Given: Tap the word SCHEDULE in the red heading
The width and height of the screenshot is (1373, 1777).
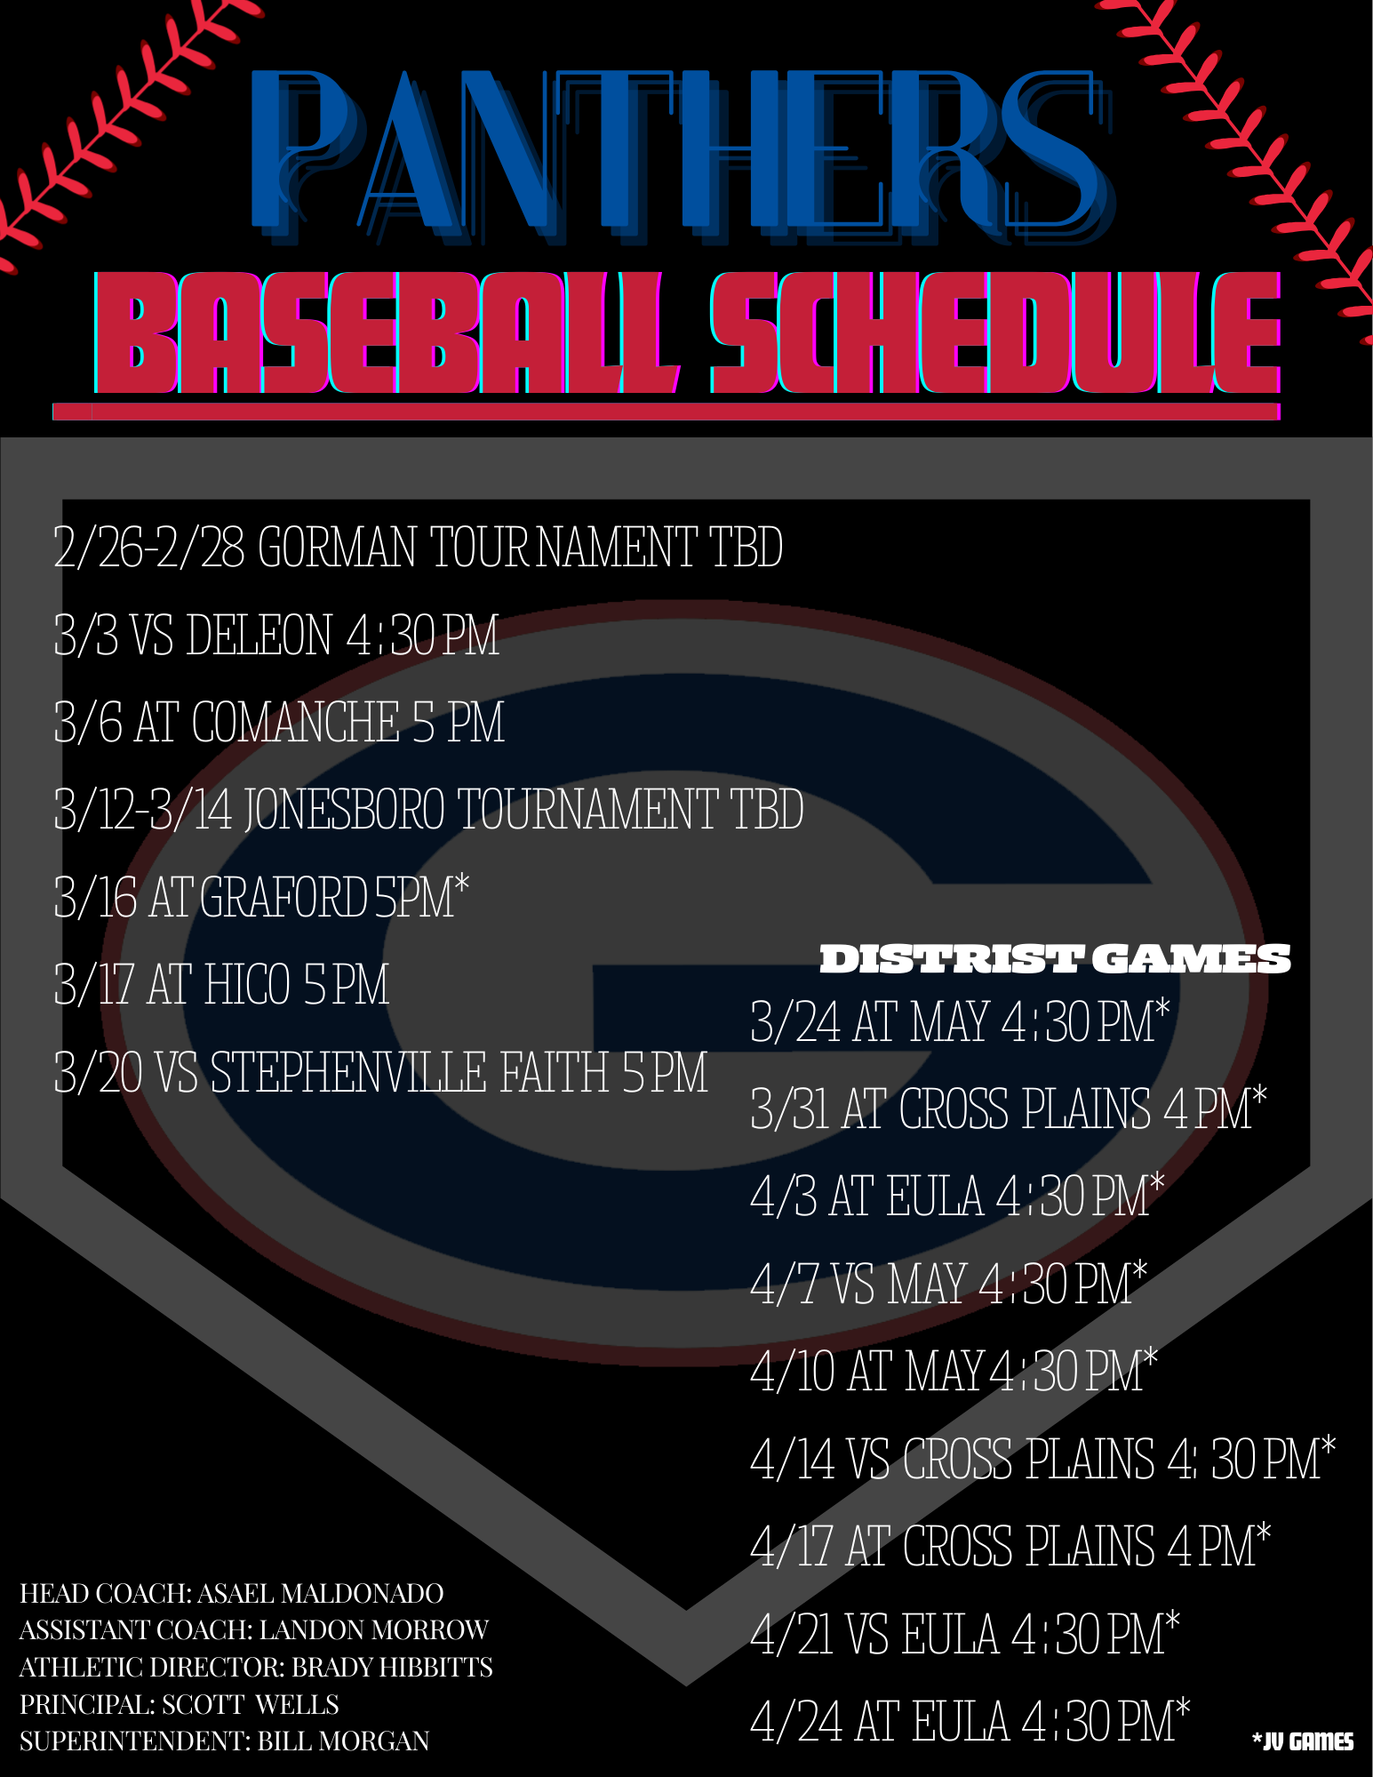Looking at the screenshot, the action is (995, 332).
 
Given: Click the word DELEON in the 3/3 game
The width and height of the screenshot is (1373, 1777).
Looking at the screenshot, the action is (259, 635).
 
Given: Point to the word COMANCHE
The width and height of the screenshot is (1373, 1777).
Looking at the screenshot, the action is (295, 722).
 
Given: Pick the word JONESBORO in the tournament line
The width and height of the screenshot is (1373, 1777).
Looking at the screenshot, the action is (345, 809).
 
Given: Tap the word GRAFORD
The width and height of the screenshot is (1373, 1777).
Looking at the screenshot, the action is (283, 897).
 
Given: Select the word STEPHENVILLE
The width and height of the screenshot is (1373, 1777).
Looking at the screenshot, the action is (348, 1071).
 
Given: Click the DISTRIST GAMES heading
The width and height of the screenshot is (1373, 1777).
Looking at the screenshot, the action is (1055, 959).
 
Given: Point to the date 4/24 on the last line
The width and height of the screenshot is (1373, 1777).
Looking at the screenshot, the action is (796, 1722).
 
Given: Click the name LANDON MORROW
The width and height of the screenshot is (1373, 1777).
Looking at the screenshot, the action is (374, 1629).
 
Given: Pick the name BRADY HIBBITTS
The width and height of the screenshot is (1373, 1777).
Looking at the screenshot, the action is (393, 1667).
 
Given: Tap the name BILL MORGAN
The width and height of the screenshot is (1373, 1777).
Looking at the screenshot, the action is (344, 1741).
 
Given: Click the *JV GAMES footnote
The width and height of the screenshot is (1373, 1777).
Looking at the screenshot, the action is (1303, 1741).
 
